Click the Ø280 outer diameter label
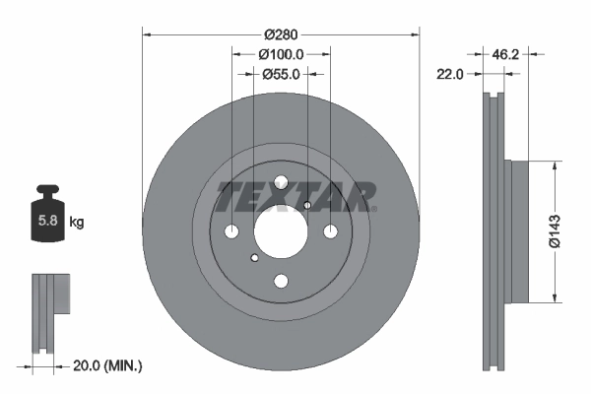[x=281, y=21]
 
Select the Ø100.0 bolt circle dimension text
[x=281, y=55]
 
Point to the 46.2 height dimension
[x=504, y=55]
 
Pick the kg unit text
[x=76, y=223]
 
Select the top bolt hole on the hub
[x=281, y=182]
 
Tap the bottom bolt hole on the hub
[x=281, y=281]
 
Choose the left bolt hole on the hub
[x=232, y=231]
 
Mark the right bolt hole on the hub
[x=330, y=231]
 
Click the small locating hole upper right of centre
[x=307, y=205]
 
